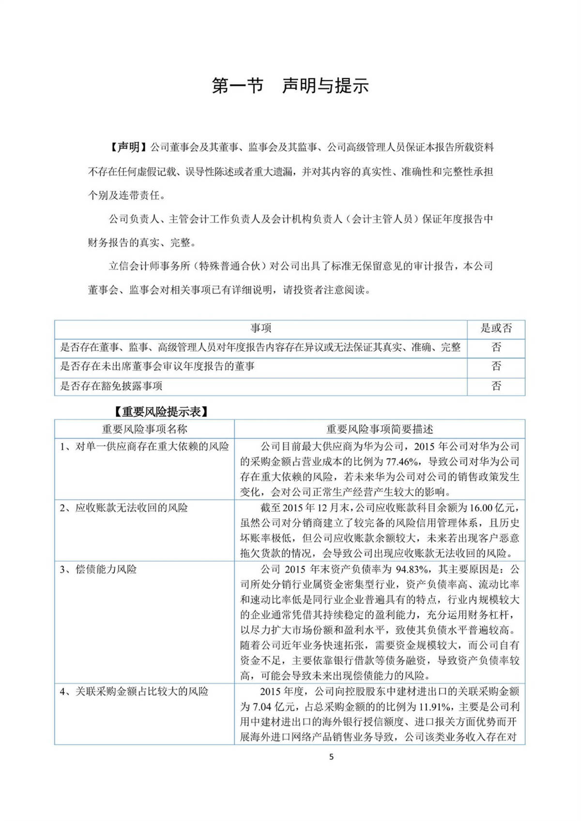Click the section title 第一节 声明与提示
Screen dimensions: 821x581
290,86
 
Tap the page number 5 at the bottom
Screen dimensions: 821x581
331,757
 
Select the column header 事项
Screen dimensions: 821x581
260,328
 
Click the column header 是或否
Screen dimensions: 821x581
496,328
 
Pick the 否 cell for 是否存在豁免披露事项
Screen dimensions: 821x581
496,386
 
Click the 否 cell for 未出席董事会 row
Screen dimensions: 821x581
496,366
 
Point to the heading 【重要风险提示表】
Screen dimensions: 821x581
161,412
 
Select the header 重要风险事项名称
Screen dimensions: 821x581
144,429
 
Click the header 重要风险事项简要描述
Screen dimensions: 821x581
380,429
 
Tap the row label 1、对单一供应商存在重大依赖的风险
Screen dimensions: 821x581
144,446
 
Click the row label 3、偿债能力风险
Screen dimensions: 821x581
98,569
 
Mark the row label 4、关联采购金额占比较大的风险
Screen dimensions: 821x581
134,691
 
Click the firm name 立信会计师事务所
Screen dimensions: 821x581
151,266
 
